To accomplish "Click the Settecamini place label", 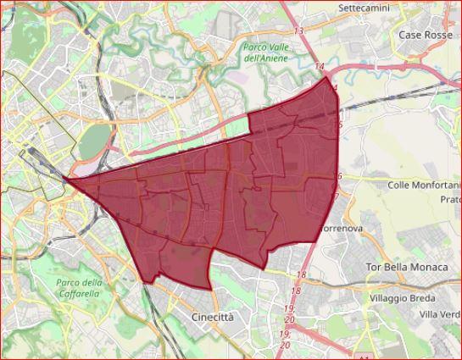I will click(x=364, y=8).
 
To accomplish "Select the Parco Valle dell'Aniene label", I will click(x=265, y=53).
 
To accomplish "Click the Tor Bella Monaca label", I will click(x=405, y=267).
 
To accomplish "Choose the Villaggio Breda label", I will click(x=404, y=298).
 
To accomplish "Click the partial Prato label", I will click(x=450, y=199).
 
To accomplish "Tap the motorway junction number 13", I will click(x=298, y=30).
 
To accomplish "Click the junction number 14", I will click(x=320, y=66).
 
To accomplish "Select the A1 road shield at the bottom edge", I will click(x=365, y=355).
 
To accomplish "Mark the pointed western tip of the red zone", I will click(x=66, y=180).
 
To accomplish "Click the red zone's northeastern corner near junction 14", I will click(x=329, y=75).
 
